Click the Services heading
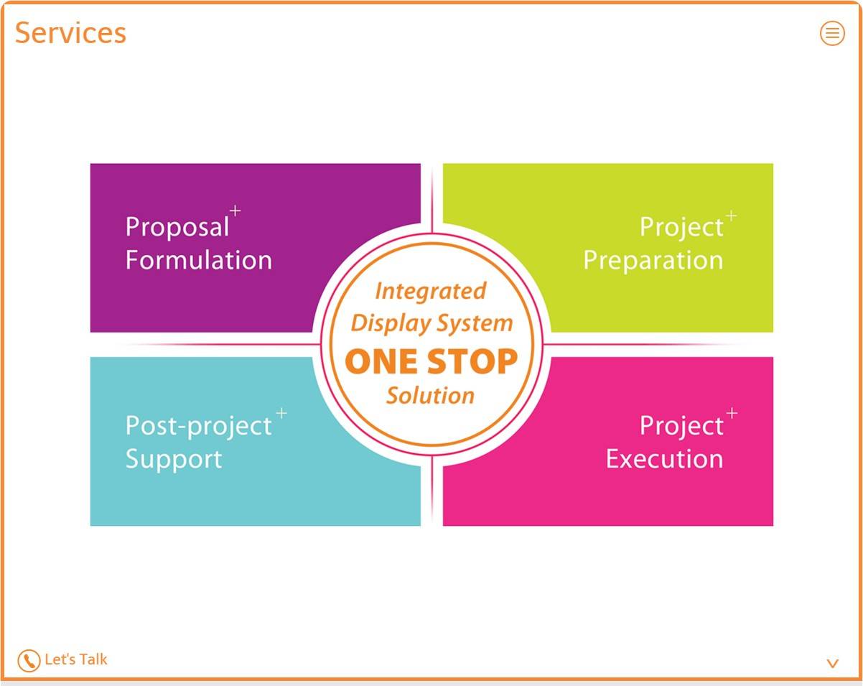click(x=70, y=33)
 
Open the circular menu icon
click(x=832, y=33)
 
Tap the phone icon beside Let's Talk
click(x=29, y=660)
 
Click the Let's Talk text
click(x=76, y=659)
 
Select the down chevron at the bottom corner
click(x=833, y=664)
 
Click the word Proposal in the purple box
click(x=177, y=227)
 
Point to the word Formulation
click(x=199, y=260)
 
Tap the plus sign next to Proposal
click(x=235, y=210)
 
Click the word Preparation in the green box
click(x=653, y=261)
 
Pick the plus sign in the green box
click(x=731, y=215)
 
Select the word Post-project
click(x=198, y=426)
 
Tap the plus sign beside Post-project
click(x=281, y=413)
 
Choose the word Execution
click(x=665, y=459)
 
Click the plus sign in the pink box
click(x=732, y=413)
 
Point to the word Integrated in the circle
click(x=431, y=292)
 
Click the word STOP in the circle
click(x=472, y=361)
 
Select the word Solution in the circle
click(x=431, y=396)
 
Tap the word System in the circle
click(x=475, y=324)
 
